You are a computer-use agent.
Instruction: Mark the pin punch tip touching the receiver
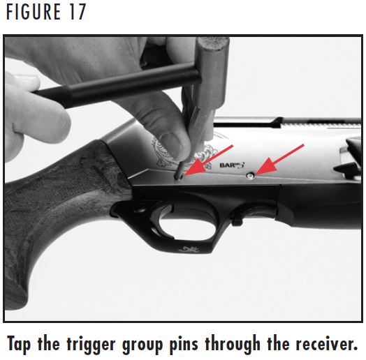click(180, 174)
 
